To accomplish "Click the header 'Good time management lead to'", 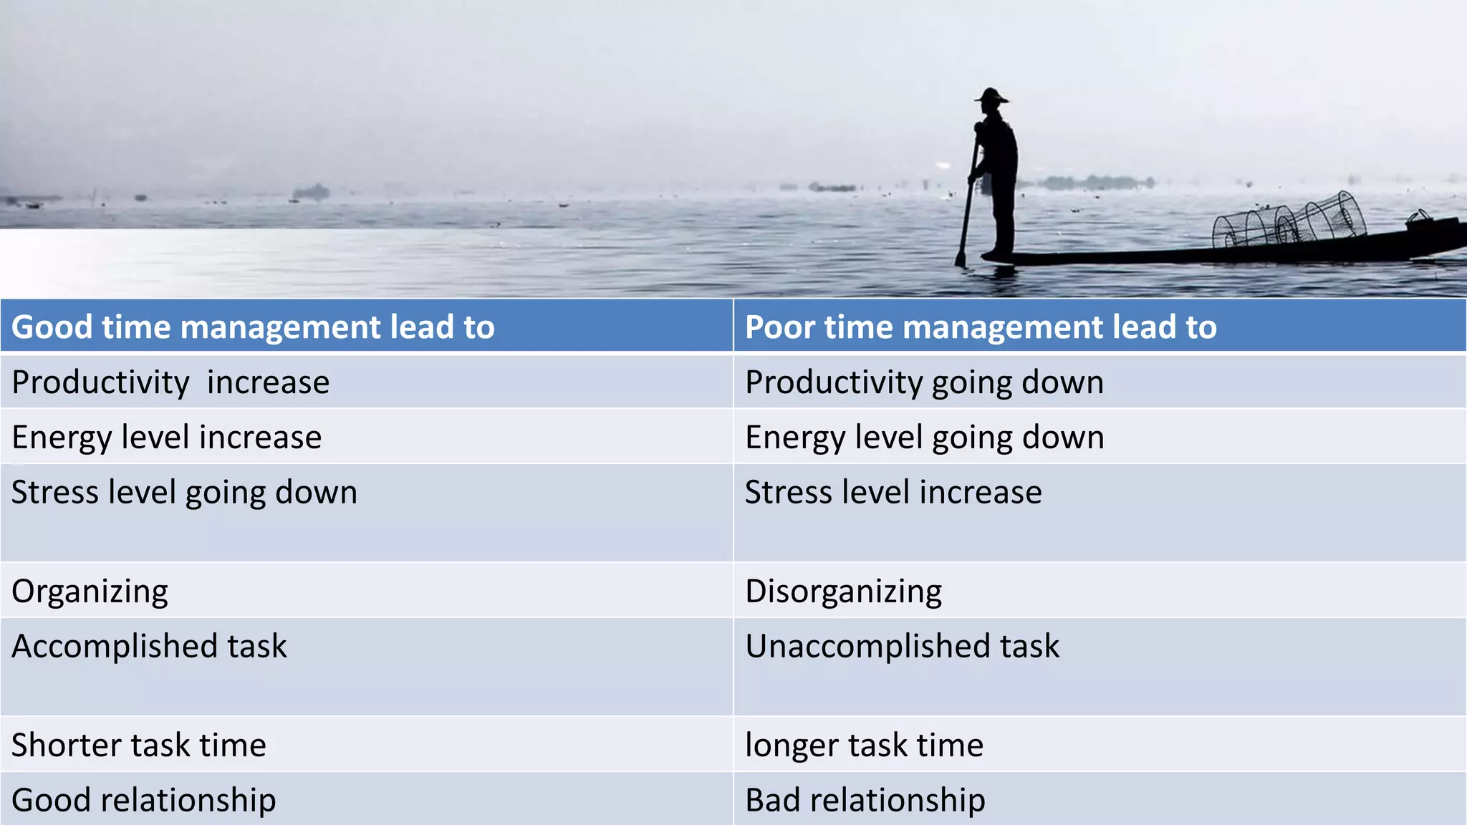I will click(253, 327).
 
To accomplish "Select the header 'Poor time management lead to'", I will click(981, 327).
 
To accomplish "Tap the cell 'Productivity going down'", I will click(924, 382).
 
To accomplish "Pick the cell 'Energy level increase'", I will click(166, 438).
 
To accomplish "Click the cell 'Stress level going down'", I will click(184, 493).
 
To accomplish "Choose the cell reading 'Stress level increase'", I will click(893, 493).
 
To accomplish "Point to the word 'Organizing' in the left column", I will click(90, 592).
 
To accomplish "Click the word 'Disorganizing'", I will click(843, 592).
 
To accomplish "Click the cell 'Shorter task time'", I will click(139, 746).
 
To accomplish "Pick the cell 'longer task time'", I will click(864, 746).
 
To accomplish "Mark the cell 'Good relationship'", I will click(143, 801).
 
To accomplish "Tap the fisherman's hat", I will click(991, 96).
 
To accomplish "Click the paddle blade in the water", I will click(962, 254).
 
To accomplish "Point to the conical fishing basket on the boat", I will click(1289, 219).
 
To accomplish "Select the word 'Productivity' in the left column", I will click(100, 382).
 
